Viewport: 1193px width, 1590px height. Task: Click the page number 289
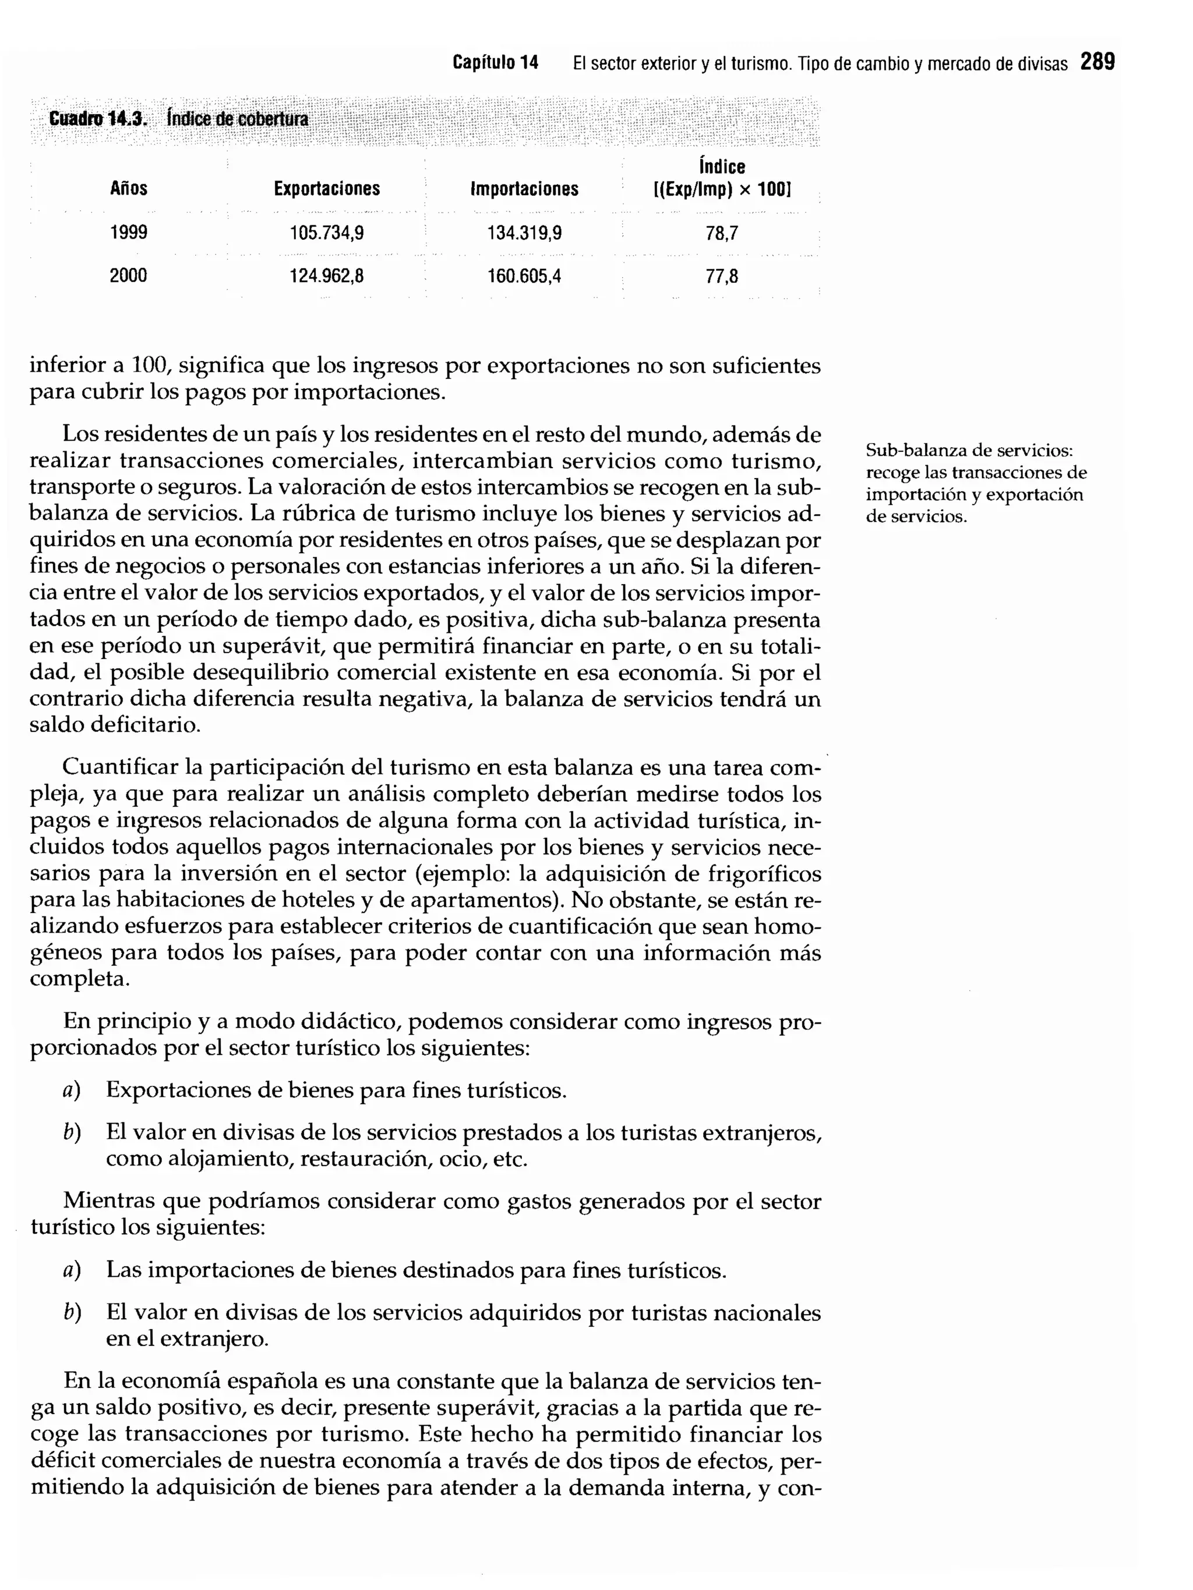point(1097,62)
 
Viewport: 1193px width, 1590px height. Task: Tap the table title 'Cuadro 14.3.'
point(97,119)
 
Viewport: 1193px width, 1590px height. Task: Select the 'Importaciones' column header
point(524,189)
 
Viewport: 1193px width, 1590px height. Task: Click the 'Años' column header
point(128,188)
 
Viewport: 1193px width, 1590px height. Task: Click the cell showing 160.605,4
point(524,276)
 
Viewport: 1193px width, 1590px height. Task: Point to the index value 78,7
point(721,233)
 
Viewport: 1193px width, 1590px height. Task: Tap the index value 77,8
point(721,276)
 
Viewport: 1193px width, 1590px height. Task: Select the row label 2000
point(128,275)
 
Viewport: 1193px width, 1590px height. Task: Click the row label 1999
point(128,232)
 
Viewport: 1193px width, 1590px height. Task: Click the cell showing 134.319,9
point(524,233)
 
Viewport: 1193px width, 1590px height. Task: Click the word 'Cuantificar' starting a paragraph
point(119,768)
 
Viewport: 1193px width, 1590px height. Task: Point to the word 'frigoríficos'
point(764,874)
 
